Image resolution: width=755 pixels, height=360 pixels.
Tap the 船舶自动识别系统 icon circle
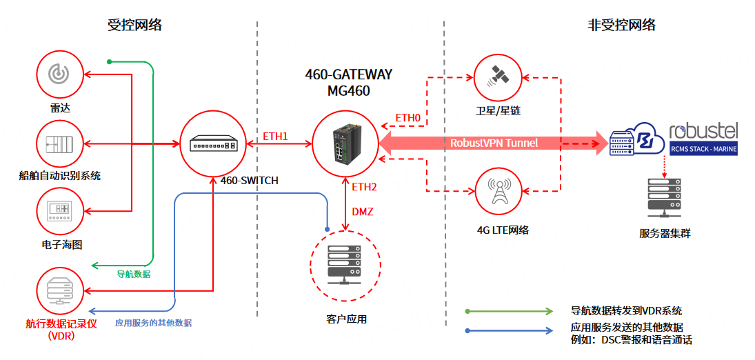point(60,143)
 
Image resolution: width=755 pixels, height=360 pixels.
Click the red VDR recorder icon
point(60,288)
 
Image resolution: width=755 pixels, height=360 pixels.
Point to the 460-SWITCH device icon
point(214,144)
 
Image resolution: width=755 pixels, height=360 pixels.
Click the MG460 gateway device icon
point(345,144)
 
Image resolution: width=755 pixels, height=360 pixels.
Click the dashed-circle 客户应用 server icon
point(345,265)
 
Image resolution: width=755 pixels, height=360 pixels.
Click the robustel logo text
point(703,131)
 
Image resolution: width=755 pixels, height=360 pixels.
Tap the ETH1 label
point(275,135)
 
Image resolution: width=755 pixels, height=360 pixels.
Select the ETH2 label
point(365,186)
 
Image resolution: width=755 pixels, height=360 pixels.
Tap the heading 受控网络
point(135,26)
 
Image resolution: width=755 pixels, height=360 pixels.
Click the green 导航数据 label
point(133,274)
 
